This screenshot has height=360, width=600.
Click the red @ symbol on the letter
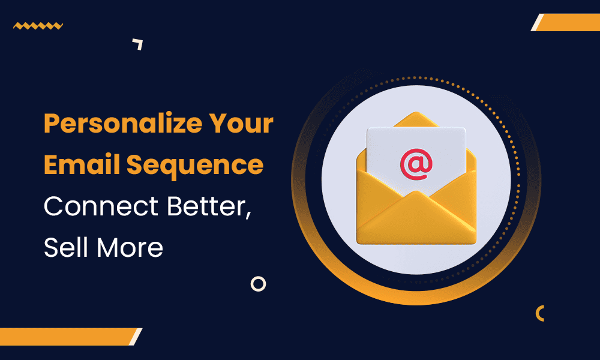415,163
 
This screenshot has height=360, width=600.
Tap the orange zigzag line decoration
38,26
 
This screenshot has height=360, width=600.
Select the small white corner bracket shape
139,43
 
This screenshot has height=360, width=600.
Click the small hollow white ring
258,284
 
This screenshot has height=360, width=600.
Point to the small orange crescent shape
540,313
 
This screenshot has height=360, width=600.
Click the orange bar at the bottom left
69,337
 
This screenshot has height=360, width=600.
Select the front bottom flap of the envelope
415,222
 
